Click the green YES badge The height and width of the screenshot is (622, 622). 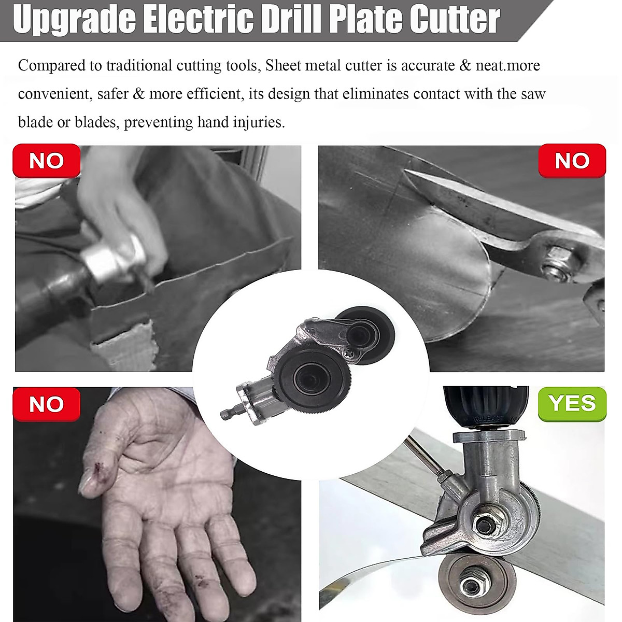[572, 403]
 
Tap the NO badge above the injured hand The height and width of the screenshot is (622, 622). [47, 404]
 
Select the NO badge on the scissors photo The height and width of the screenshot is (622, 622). [572, 161]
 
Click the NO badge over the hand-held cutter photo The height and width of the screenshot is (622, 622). [47, 161]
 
